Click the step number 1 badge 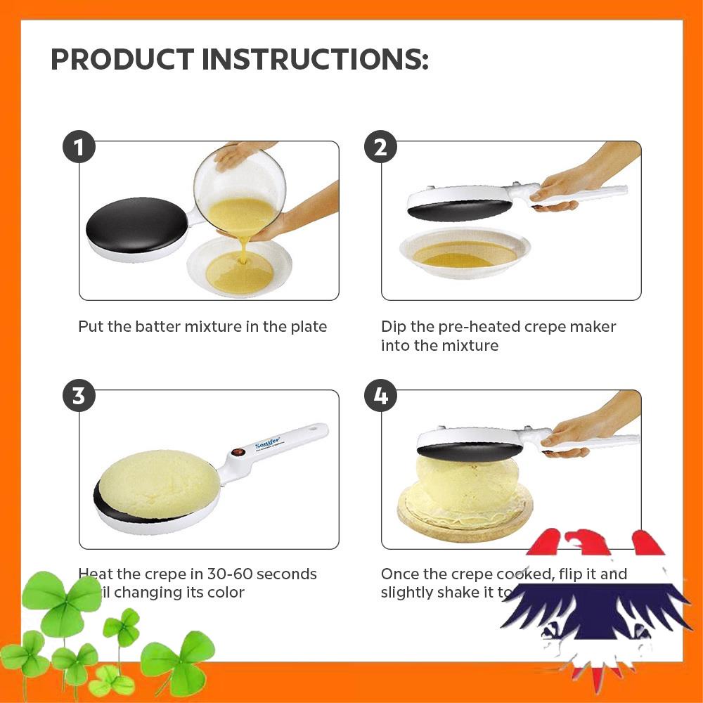79,148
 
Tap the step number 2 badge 380,148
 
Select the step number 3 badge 79,396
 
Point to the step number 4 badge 380,396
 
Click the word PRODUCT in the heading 122,60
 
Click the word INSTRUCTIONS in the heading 314,60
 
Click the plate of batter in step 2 464,252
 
